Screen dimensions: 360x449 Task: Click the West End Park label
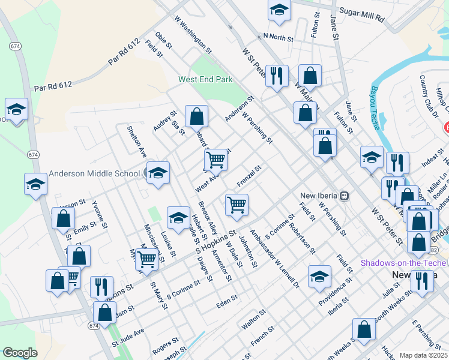(x=205, y=79)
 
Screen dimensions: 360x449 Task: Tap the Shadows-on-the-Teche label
(x=402, y=263)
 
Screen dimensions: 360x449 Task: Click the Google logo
(x=20, y=353)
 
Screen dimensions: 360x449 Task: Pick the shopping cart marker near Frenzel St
(x=237, y=205)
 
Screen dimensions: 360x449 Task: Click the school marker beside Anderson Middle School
(x=158, y=173)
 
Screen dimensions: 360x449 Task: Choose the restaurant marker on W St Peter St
(x=277, y=76)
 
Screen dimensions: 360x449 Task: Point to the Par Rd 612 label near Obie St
(x=124, y=52)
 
